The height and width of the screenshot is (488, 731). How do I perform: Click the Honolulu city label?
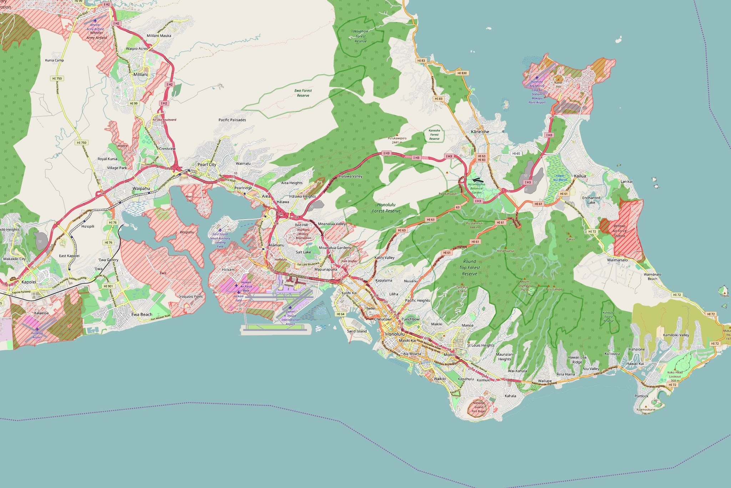pos(395,334)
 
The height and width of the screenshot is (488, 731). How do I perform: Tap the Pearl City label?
pos(207,164)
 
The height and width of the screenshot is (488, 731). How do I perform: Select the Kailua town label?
pos(580,176)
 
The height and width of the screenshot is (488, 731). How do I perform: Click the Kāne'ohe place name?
pos(480,132)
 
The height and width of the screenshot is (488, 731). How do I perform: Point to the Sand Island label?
pos(357,331)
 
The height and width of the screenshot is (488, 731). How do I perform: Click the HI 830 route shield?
pos(462,73)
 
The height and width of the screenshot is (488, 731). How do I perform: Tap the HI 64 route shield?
pos(341,314)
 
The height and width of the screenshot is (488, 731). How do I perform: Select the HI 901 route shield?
pos(108,286)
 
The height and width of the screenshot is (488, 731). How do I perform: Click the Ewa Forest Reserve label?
pos(303,93)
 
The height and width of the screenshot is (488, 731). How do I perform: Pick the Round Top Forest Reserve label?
pos(469,268)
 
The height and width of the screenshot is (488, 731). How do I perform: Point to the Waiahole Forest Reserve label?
pos(361,36)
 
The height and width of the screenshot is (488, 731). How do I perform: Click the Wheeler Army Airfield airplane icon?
pos(95,21)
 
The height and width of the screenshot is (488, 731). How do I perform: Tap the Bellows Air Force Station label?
pos(619,231)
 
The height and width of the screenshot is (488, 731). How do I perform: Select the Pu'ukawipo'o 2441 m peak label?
pos(397,140)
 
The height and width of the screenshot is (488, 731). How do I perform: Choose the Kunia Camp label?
pos(55,60)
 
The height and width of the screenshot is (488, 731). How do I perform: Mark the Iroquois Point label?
pos(191,296)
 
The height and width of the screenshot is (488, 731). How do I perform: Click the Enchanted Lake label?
pos(591,200)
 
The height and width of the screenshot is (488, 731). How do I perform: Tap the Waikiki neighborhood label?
pos(440,378)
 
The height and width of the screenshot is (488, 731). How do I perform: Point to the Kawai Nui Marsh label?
pos(560,178)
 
